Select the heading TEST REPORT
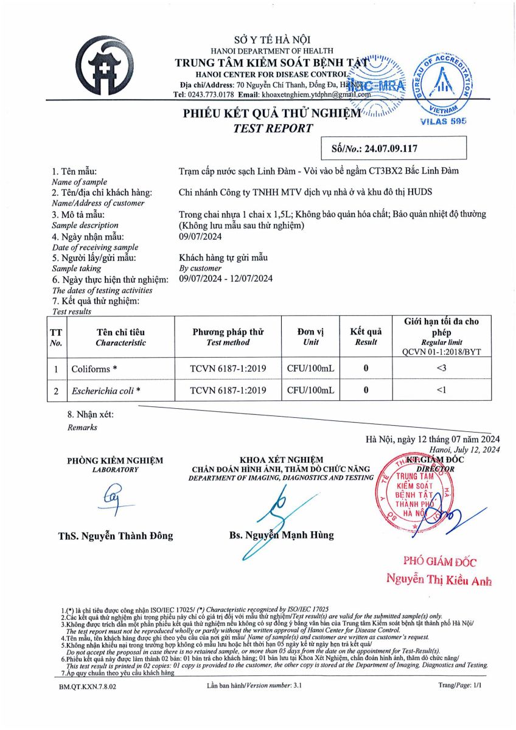[273, 128]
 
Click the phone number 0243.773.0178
[210, 95]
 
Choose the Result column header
[366, 337]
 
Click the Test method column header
[228, 337]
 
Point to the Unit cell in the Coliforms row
[311, 369]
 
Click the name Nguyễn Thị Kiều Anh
[438, 580]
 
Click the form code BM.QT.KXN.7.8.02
[88, 686]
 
